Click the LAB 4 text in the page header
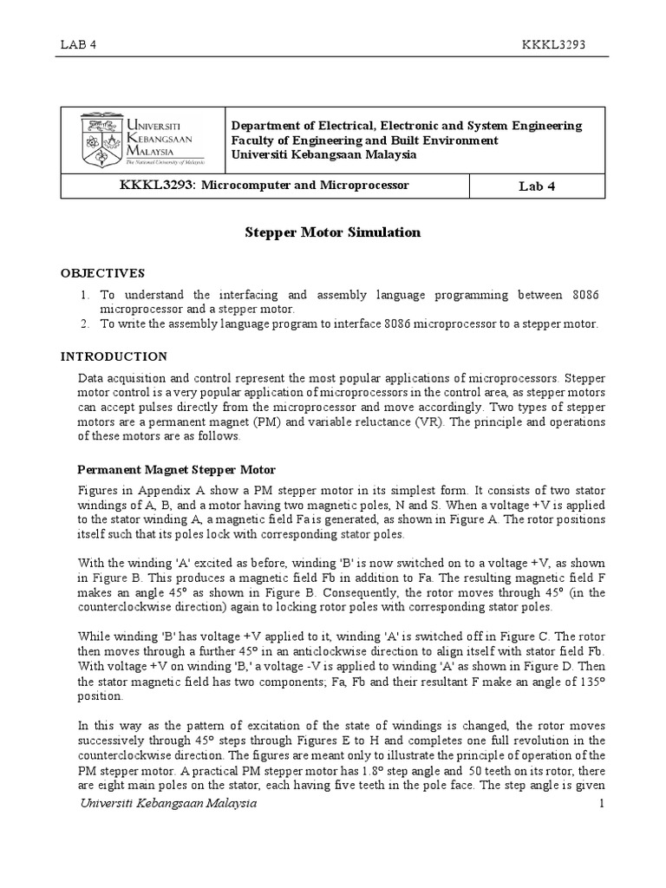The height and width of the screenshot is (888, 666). (79, 45)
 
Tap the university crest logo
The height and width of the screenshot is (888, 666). (101, 140)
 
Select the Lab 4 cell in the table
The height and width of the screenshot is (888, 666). (538, 186)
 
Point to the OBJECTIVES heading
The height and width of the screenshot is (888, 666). (102, 272)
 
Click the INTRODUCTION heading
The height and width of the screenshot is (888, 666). (114, 356)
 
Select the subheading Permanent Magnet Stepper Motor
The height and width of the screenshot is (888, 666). (177, 469)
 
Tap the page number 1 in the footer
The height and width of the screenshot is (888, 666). (599, 804)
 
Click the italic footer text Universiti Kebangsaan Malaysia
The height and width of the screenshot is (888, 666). (168, 804)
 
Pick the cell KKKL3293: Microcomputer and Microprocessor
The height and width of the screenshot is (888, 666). (263, 186)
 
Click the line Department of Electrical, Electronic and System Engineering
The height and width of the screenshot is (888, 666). (406, 126)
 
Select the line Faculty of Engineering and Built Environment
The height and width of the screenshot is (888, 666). (364, 140)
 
